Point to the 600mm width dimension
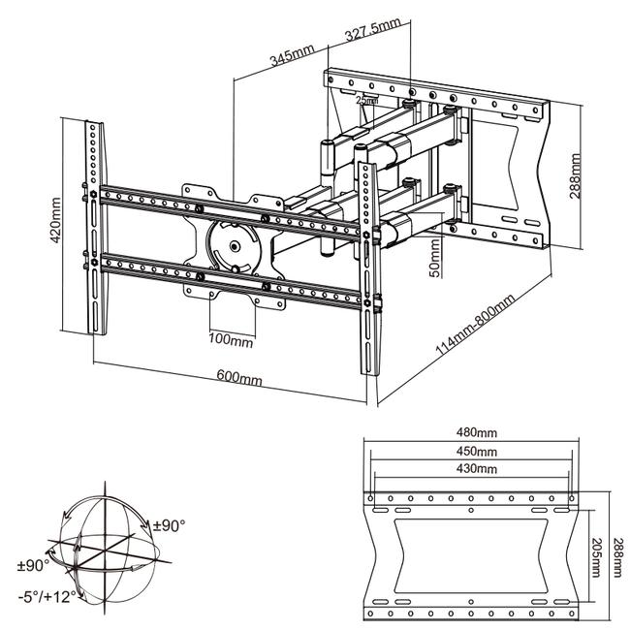click(x=238, y=377)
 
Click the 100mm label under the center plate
click(x=230, y=340)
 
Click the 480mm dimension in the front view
click(x=475, y=432)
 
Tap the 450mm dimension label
click(x=475, y=451)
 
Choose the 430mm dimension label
click(x=475, y=469)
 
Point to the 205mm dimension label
click(x=597, y=548)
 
